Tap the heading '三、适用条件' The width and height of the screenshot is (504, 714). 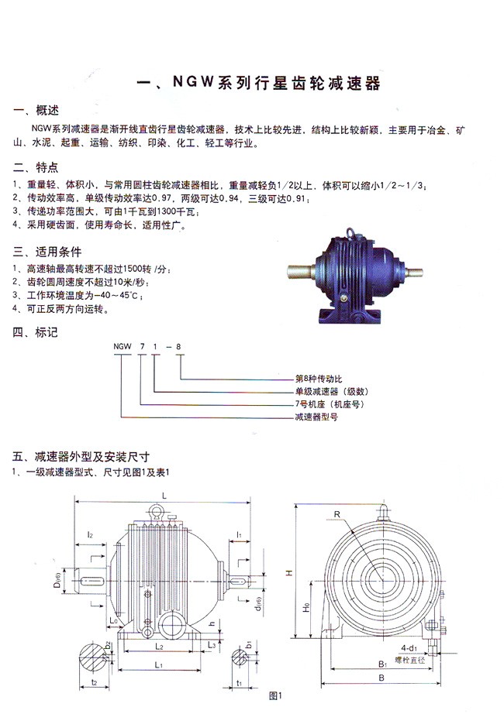pos(47,252)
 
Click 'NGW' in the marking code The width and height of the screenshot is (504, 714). pos(122,347)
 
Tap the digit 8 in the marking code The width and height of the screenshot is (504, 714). pos(180,347)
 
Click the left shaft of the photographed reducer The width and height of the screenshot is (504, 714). pos(299,273)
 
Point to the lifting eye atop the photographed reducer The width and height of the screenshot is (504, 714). pos(351,229)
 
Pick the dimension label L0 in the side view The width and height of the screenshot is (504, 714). pos(113,620)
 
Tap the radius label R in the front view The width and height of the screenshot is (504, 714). pos(338,513)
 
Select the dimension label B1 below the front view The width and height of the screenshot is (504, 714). pos(381,664)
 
